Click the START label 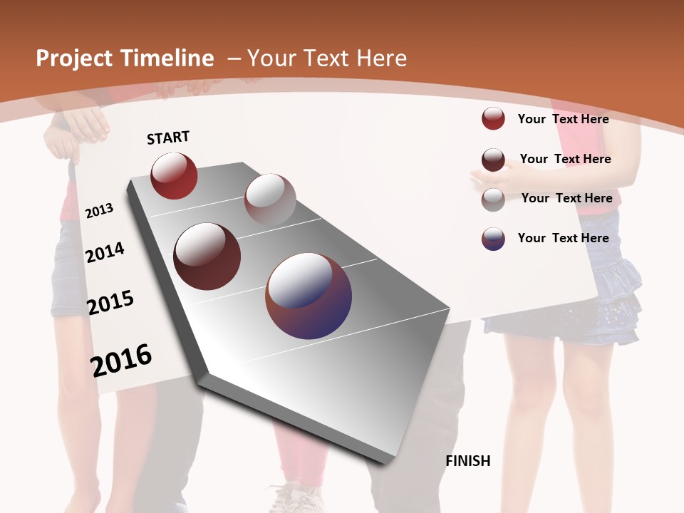tap(168, 138)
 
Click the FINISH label tap(467, 461)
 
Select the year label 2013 tap(99, 210)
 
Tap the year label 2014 tap(105, 252)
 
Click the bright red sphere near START tap(174, 175)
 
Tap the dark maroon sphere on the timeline tap(207, 256)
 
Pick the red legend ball tap(493, 118)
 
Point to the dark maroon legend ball tap(493, 160)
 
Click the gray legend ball tap(493, 199)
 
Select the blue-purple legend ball tap(493, 239)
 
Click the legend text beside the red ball tap(563, 119)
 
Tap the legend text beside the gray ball tap(566, 198)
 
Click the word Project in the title tap(73, 58)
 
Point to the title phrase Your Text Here tap(326, 58)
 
